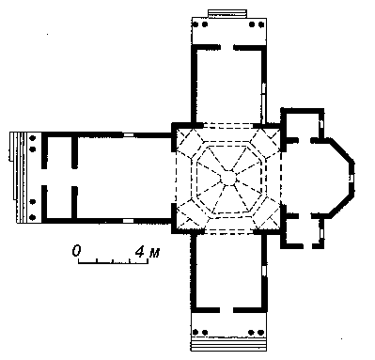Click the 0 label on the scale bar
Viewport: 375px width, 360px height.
(76, 251)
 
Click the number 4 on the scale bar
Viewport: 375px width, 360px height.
(140, 251)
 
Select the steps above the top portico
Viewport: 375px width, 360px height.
(227, 13)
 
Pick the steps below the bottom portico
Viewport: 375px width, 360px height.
(229, 345)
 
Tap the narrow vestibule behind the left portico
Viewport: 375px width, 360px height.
(60, 178)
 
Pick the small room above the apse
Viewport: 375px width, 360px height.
(303, 125)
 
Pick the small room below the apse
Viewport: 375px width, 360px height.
(303, 230)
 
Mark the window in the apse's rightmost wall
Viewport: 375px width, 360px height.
(352, 178)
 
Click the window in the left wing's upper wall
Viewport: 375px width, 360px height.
(128, 135)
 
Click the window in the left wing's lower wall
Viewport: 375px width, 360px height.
(128, 221)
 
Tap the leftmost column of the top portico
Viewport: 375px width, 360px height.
(195, 24)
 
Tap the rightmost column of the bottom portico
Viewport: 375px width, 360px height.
(260, 332)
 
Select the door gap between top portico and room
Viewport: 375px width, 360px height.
(227, 48)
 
